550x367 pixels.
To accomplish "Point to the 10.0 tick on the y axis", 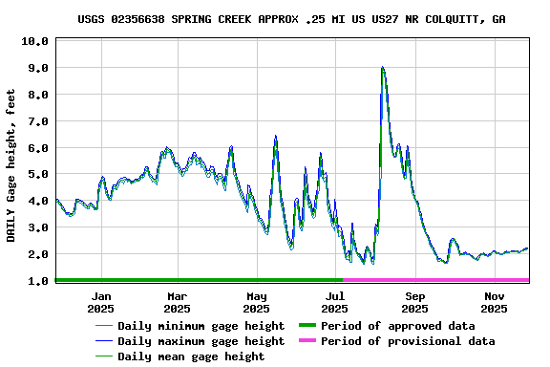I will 33,42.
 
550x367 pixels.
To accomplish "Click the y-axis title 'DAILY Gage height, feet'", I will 11,162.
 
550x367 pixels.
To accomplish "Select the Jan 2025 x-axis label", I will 100,302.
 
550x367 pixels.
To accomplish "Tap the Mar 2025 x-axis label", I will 177,302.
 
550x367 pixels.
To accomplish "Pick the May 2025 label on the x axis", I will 256,302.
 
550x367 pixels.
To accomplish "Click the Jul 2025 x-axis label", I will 334,302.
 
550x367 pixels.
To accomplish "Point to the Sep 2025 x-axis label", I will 414,302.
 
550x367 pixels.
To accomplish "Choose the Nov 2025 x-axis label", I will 494,302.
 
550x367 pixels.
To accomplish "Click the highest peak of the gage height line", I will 382,67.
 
